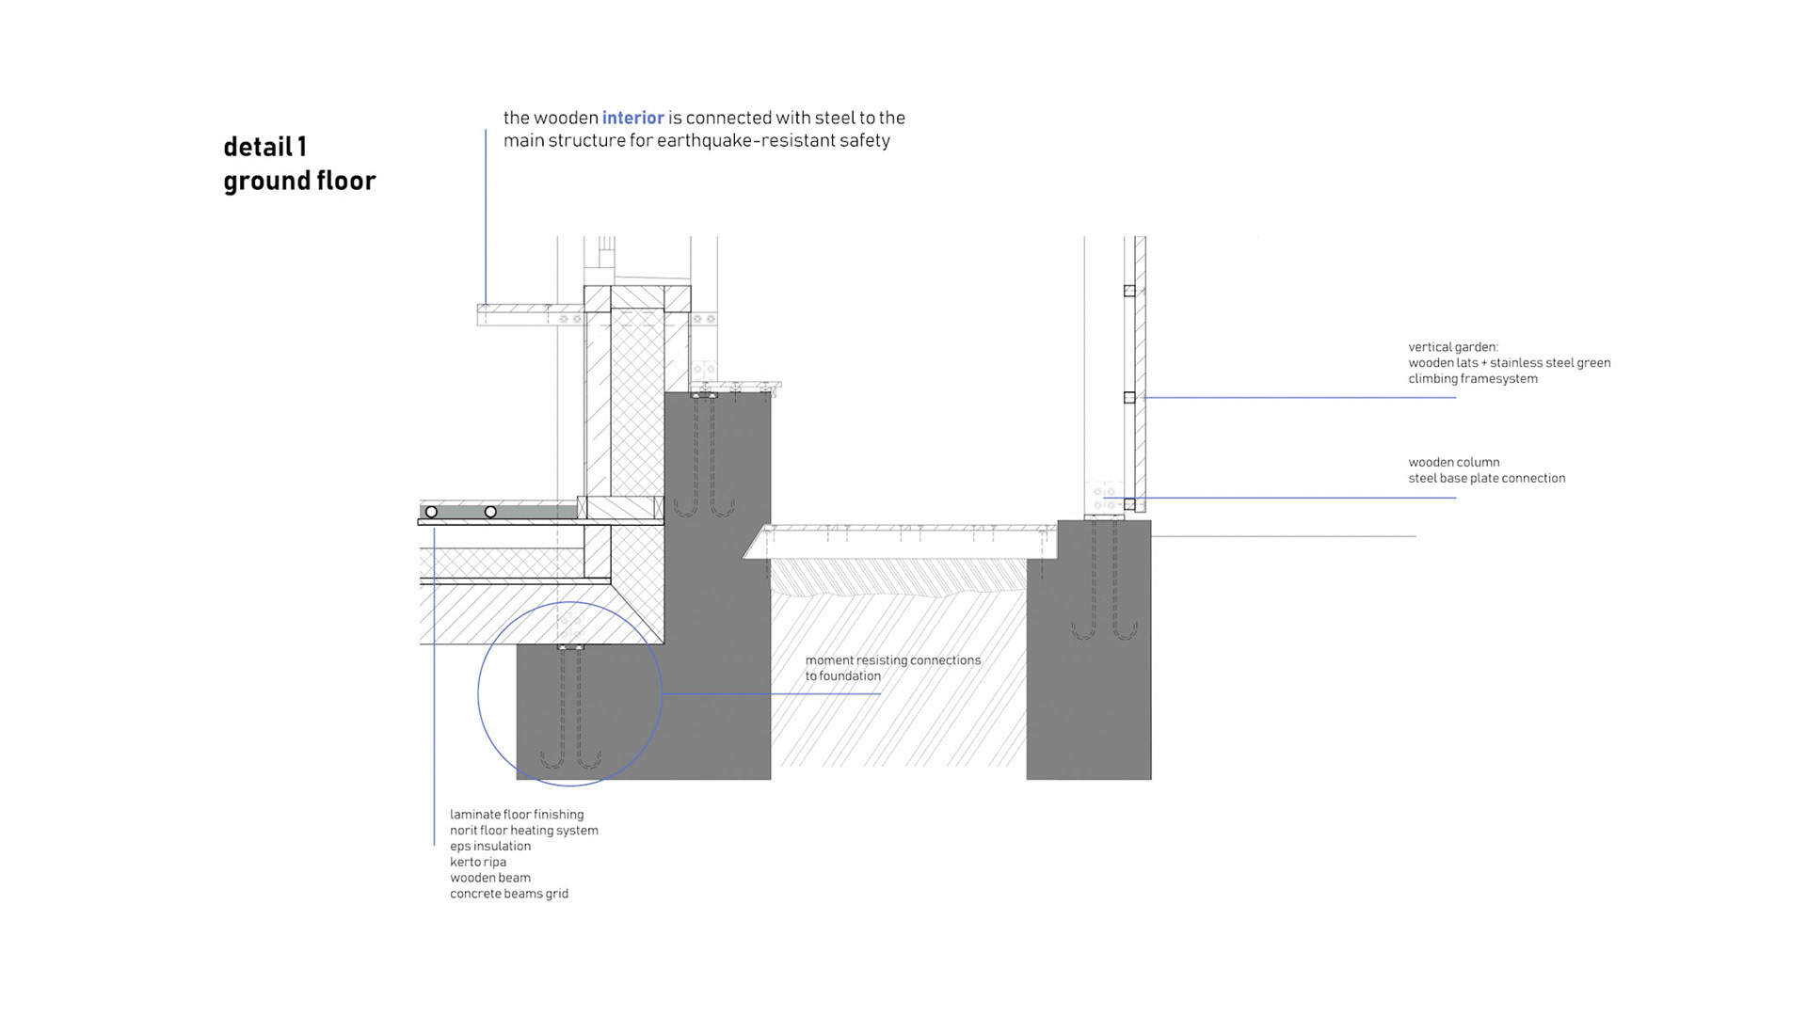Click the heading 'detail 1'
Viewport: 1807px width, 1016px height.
(x=264, y=147)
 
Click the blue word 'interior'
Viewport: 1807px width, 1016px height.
(x=632, y=118)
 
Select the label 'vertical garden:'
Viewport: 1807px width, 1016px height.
(x=1452, y=347)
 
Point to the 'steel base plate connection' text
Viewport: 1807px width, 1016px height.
(x=1486, y=478)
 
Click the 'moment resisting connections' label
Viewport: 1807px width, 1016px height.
(x=892, y=660)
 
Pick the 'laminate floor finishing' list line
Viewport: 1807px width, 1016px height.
(x=516, y=815)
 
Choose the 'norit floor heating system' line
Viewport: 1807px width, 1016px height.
(x=523, y=831)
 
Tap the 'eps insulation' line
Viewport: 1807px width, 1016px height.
(x=489, y=847)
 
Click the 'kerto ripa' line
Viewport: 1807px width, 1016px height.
(x=477, y=863)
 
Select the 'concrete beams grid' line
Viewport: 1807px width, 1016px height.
(x=508, y=894)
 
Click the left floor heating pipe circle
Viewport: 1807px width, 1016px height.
(x=431, y=512)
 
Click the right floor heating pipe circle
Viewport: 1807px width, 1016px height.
(x=490, y=512)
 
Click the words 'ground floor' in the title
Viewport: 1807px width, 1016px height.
(x=299, y=181)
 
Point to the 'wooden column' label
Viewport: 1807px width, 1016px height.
(x=1453, y=463)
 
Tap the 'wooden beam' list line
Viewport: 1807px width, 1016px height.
(x=489, y=878)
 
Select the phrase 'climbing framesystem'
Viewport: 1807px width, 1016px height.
(x=1472, y=379)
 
